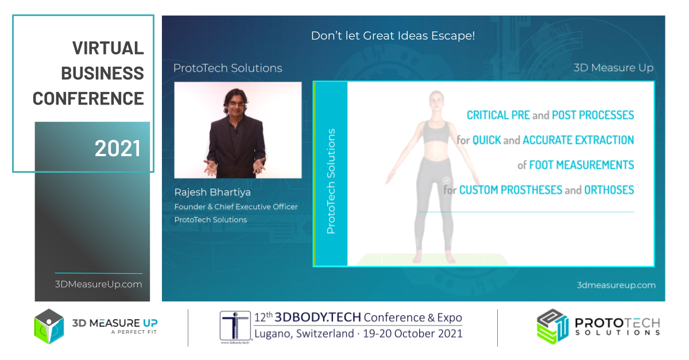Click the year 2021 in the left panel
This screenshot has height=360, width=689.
point(118,149)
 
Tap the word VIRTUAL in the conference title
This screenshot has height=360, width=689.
point(108,48)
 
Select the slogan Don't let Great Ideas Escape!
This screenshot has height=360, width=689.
point(393,36)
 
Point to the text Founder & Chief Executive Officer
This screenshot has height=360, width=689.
point(236,207)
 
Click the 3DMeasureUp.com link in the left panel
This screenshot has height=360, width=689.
point(98,284)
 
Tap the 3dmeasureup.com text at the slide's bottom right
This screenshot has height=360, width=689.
point(616,285)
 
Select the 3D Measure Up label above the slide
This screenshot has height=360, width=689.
point(614,68)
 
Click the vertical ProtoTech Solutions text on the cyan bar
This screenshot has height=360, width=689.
point(331,181)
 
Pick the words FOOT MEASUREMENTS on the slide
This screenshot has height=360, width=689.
point(581,165)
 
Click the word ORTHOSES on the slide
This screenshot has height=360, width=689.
point(609,190)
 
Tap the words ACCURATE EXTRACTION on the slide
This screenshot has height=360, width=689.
point(578,140)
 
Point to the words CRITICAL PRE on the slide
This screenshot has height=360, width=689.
point(498,115)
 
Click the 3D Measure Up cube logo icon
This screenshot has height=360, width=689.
point(49,327)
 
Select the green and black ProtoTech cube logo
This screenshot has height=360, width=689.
point(552,327)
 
